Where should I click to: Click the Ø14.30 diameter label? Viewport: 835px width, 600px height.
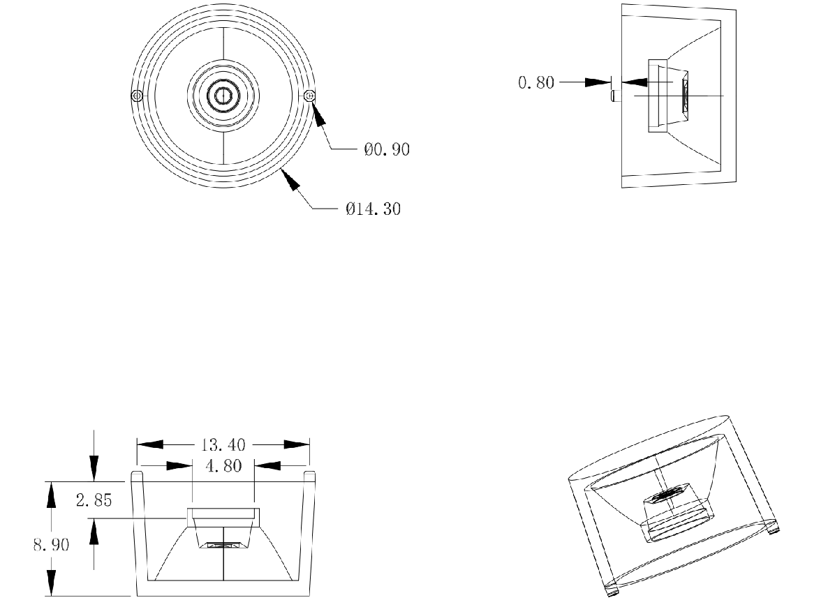point(373,209)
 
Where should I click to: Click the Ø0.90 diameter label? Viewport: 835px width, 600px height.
point(387,149)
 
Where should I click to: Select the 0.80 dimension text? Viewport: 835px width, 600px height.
point(535,83)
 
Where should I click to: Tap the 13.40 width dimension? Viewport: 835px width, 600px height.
point(223,444)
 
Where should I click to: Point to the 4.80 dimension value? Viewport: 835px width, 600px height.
point(223,465)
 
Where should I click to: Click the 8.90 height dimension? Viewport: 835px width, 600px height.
point(51,544)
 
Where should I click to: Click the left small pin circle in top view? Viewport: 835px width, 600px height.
point(137,95)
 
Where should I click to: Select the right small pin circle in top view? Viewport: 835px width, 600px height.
point(310,96)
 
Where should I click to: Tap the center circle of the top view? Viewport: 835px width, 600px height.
point(223,95)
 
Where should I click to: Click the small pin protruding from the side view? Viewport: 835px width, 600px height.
point(615,95)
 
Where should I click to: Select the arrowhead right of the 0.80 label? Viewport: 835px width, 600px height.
point(597,82)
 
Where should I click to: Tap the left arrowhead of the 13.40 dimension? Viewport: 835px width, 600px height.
point(149,444)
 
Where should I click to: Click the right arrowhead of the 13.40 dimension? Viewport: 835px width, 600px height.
point(297,444)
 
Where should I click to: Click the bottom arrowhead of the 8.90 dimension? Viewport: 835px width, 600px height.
point(51,581)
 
